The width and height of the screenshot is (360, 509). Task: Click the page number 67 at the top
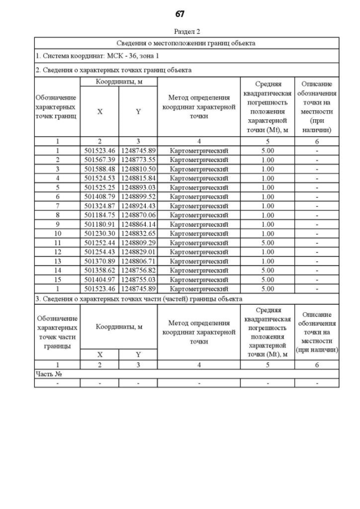pos(180,13)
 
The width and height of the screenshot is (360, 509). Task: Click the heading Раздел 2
pos(186,31)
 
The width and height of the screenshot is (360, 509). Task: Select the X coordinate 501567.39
pos(100,160)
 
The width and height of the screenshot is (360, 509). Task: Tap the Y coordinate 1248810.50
pos(138,169)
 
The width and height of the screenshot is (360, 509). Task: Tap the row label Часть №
pos(48,373)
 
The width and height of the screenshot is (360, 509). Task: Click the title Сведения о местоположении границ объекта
pos(186,43)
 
